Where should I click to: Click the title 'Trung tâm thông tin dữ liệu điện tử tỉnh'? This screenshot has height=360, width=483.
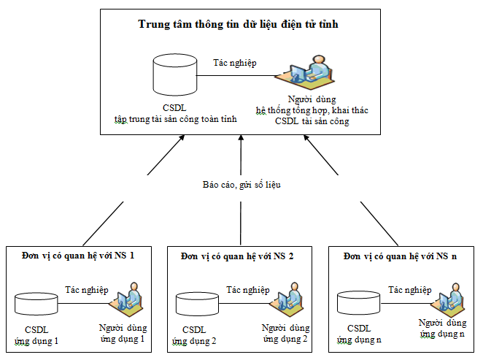[x=238, y=24]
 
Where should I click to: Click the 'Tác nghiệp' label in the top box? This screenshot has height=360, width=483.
[x=234, y=64]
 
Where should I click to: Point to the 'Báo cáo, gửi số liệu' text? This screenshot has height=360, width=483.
[x=241, y=185]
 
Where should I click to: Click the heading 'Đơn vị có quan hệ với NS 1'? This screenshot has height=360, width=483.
[x=78, y=256]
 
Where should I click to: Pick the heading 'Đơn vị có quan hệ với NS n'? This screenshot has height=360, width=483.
[x=401, y=256]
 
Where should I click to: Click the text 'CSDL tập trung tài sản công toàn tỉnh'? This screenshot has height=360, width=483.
[x=175, y=113]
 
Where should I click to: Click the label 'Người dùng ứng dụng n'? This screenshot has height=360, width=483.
[x=442, y=327]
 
